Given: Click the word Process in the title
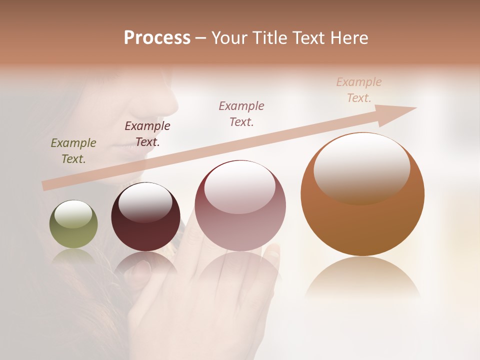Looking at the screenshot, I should click(157, 38).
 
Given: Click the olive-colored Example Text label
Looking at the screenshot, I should click(73, 151).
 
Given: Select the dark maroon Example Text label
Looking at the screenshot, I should click(147, 134).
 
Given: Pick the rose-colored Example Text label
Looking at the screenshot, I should click(241, 113).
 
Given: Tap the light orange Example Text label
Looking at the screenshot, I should click(359, 90).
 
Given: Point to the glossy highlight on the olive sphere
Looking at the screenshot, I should click(73, 214).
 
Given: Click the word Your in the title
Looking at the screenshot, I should click(229, 38).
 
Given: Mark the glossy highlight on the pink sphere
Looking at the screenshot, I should click(239, 187).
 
